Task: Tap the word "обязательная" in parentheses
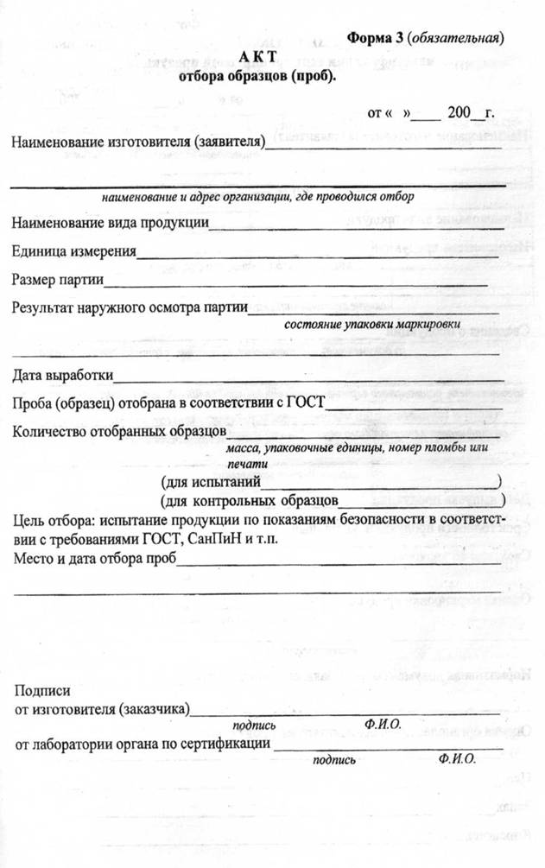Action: pos(456,38)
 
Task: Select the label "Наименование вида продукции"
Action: pos(110,223)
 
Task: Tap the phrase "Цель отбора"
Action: pos(53,521)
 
